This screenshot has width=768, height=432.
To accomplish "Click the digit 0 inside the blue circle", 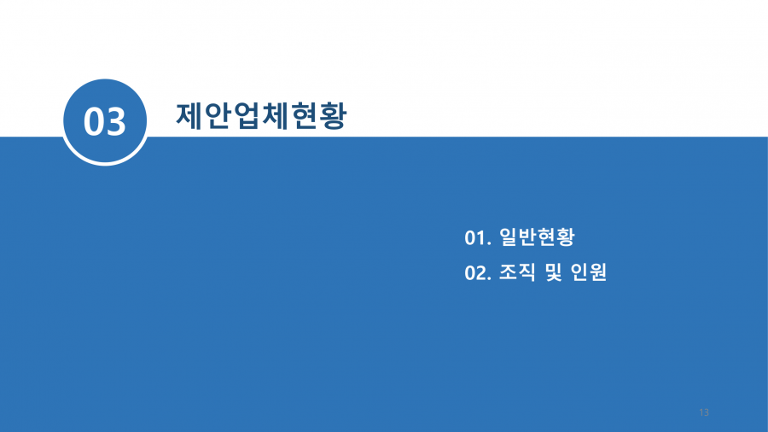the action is (93, 121).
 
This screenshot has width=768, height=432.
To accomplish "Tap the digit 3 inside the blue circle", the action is (116, 121).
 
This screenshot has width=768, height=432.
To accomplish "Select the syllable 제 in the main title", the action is (189, 116).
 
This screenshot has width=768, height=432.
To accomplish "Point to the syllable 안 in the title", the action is (218, 116).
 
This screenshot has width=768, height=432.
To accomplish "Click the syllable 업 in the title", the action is (247, 116).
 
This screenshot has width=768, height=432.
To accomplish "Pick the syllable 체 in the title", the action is (276, 116).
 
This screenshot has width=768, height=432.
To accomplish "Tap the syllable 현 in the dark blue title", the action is (304, 116).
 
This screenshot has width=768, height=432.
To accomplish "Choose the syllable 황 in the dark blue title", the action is (334, 116).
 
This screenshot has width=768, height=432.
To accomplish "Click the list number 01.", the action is (476, 238).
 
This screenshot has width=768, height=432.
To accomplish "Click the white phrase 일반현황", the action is (537, 237).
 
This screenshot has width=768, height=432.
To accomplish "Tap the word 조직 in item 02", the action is (518, 272).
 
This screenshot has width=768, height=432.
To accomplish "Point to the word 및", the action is (554, 272).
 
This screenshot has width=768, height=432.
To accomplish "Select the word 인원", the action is (589, 272).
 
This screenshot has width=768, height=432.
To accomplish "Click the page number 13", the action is (704, 412).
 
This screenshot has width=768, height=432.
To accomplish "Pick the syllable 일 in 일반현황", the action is (509, 237).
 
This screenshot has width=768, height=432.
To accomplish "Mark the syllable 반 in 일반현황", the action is (527, 237).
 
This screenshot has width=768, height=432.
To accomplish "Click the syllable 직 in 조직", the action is (527, 272).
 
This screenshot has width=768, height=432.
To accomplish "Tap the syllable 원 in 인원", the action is (598, 272).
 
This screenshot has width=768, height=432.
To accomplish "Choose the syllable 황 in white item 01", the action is (566, 237).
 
